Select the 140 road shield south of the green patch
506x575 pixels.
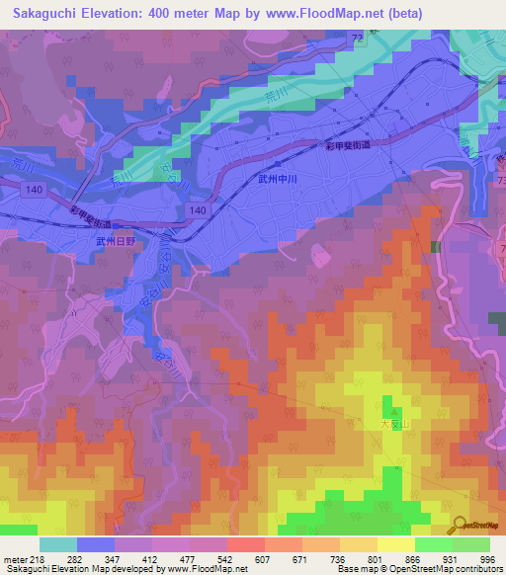199,211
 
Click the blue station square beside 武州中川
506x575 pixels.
281,164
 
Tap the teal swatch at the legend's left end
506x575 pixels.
57,544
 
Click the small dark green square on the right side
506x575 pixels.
435,246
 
